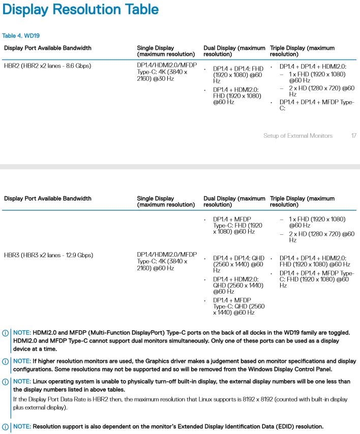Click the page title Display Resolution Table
[x=80, y=10]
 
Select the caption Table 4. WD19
[x=21, y=36]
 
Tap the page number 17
[x=353, y=136]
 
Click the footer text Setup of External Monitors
[x=297, y=136]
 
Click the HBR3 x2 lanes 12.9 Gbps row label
[x=49, y=255]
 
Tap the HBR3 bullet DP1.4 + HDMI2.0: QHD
[x=238, y=285]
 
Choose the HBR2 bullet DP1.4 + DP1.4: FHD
[x=238, y=75]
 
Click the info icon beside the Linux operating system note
[x=5, y=382]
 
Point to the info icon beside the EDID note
[x=5, y=426]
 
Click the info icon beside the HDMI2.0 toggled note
[x=5, y=333]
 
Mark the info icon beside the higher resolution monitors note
[x=5, y=361]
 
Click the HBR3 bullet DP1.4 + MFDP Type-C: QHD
[x=238, y=306]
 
